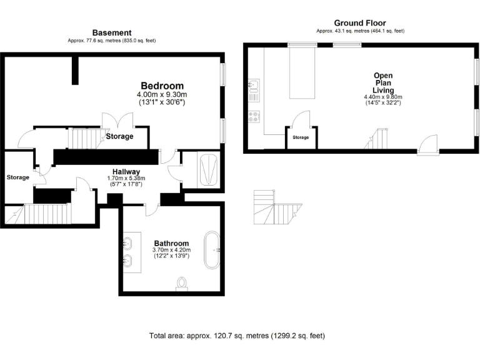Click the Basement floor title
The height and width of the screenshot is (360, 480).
point(111,32)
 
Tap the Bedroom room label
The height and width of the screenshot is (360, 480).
point(162,86)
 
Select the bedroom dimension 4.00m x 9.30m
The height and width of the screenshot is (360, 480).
point(162,94)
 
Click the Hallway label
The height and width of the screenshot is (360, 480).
point(126,171)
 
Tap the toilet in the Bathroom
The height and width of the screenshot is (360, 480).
point(182,284)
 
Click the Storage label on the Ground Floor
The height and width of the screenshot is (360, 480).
point(301,137)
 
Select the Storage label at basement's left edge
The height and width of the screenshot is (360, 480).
point(17,177)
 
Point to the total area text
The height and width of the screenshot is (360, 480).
point(237,336)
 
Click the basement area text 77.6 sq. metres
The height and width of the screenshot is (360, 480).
point(111,41)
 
